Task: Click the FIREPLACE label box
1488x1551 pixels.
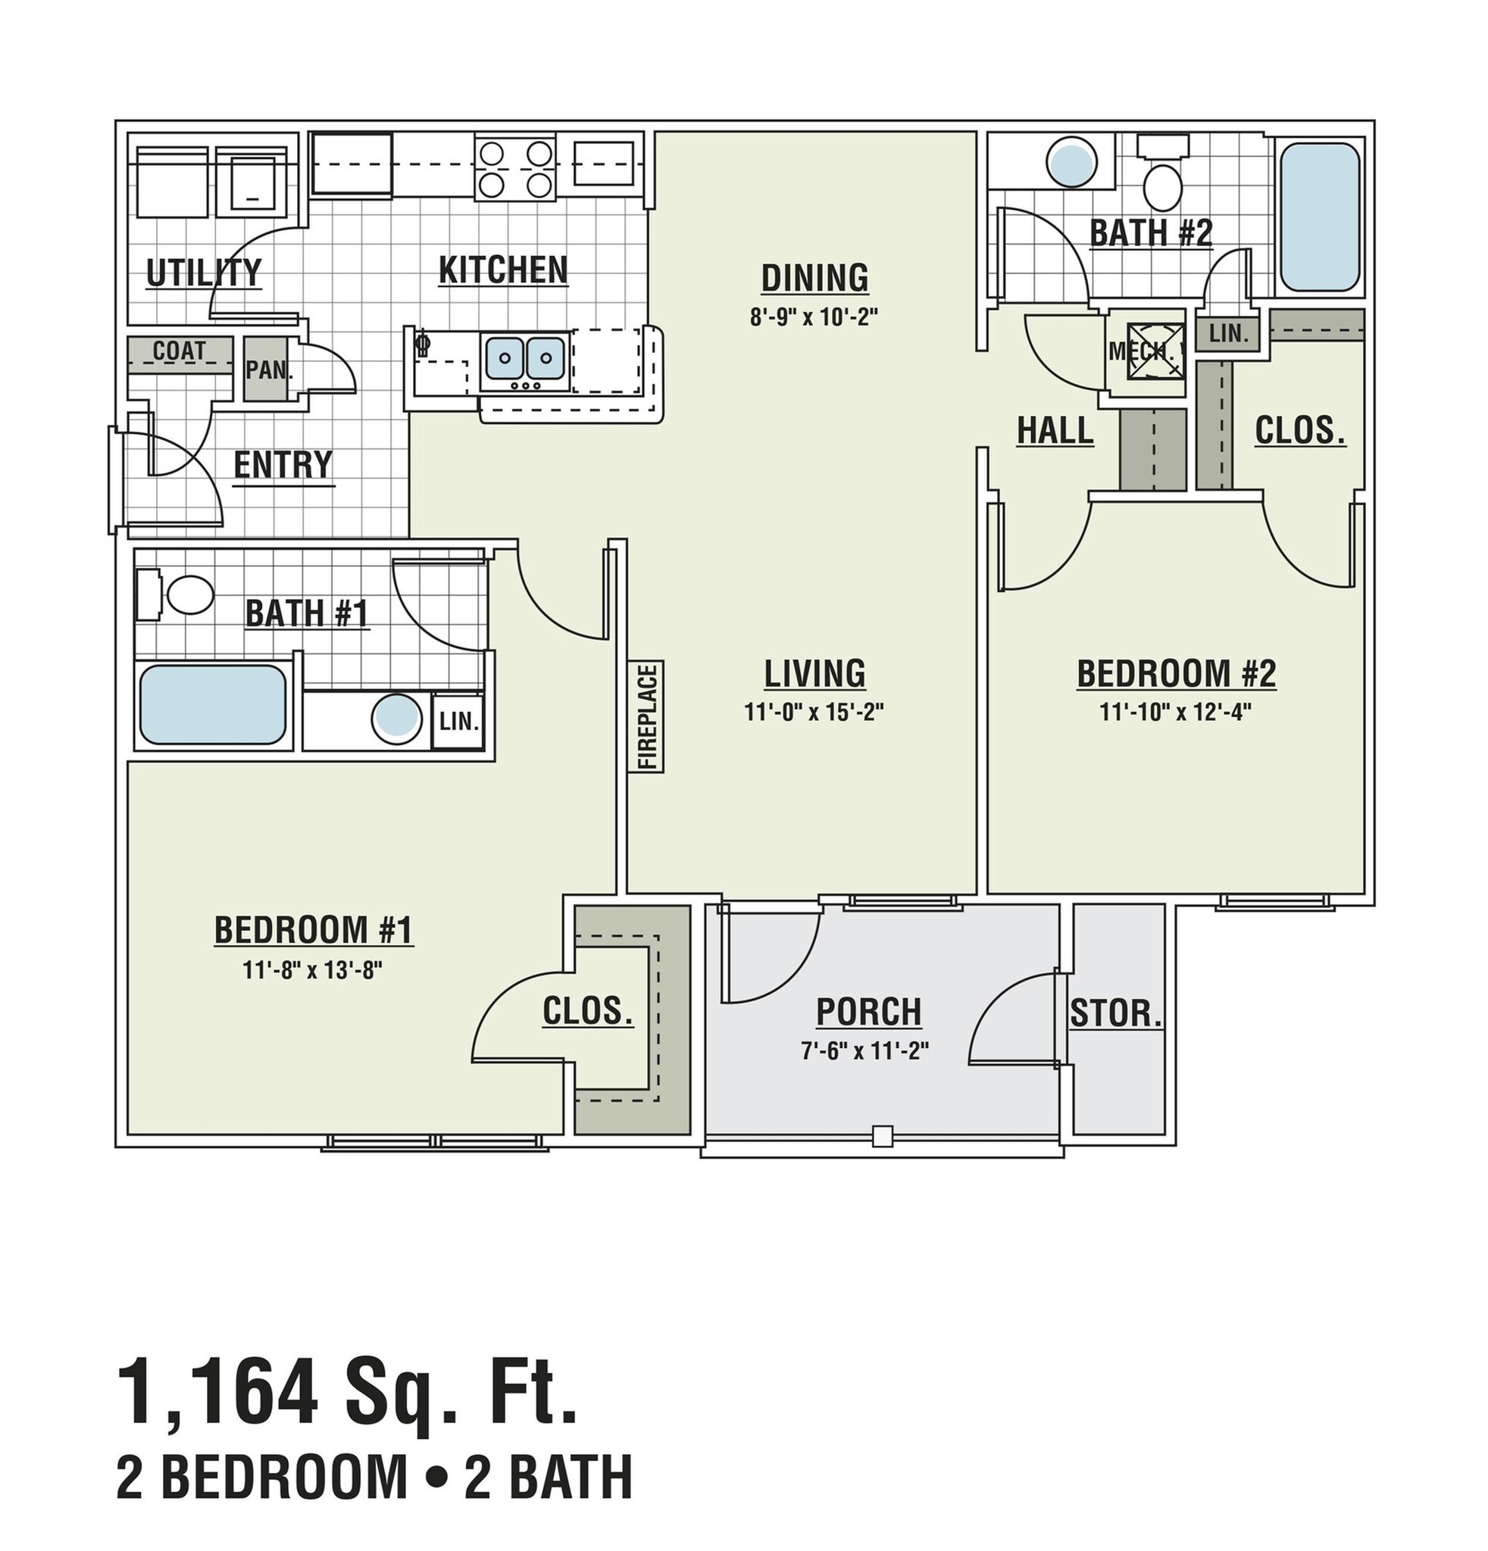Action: pyautogui.click(x=646, y=716)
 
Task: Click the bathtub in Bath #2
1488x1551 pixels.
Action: pyautogui.click(x=1319, y=217)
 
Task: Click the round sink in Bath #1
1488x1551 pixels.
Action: pyautogui.click(x=395, y=719)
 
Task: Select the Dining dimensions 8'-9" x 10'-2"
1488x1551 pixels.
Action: pyautogui.click(x=814, y=317)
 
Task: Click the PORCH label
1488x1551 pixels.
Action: pyautogui.click(x=868, y=1012)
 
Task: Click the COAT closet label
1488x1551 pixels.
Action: pyautogui.click(x=180, y=351)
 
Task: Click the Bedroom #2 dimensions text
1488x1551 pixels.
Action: pyautogui.click(x=1174, y=712)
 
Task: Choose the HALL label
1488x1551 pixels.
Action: pyautogui.click(x=1055, y=431)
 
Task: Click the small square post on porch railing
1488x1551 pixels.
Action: pyautogui.click(x=883, y=1136)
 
